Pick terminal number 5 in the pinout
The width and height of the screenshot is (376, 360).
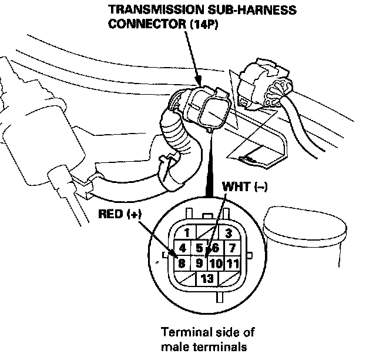[200, 248]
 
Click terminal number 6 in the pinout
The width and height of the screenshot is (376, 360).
[215, 248]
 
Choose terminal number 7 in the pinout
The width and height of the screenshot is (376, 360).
[232, 248]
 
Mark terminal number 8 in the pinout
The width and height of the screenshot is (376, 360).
[183, 263]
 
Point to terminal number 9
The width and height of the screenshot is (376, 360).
[200, 264]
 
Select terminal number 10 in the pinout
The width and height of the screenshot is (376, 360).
[216, 264]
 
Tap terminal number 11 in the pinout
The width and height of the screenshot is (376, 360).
[233, 264]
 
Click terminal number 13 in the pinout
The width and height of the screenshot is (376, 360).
[207, 278]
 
